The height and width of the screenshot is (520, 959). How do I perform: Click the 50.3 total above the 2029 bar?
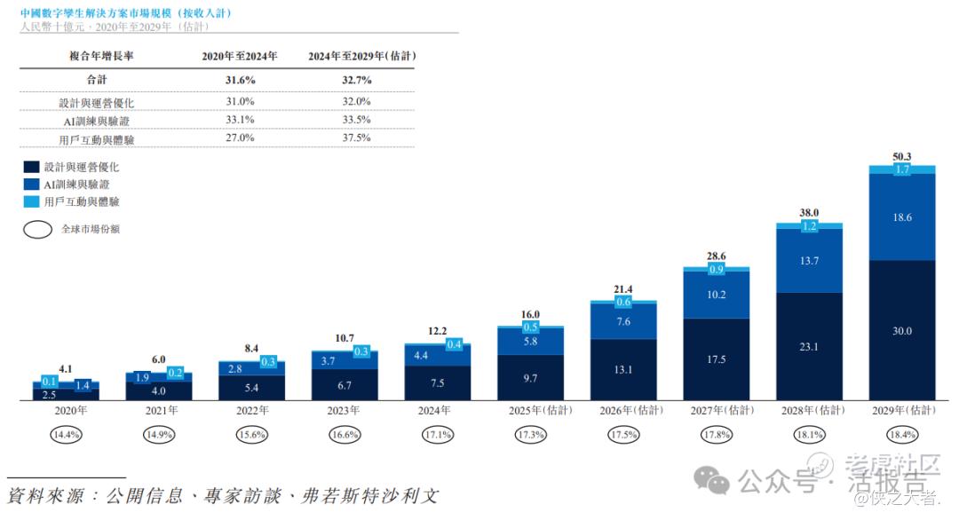click(902, 157)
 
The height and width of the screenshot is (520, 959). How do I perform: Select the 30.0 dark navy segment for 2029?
click(902, 331)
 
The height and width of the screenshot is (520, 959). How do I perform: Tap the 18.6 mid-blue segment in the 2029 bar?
click(902, 217)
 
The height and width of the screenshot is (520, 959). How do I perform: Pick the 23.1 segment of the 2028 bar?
click(810, 347)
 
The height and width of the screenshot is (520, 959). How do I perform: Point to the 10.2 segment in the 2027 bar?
click(717, 295)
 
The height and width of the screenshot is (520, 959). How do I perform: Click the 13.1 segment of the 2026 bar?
click(623, 370)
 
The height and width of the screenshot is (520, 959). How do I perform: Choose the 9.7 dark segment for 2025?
click(530, 378)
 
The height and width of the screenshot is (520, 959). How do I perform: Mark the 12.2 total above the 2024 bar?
click(437, 331)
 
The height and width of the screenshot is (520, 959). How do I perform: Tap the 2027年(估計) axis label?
click(717, 411)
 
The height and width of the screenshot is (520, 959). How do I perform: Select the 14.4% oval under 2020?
click(67, 436)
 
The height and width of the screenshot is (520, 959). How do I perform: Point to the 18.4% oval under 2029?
click(902, 436)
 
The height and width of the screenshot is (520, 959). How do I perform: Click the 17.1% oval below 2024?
click(437, 436)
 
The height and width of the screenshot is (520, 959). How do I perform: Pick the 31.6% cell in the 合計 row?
click(240, 80)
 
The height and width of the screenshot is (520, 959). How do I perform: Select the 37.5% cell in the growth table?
click(357, 138)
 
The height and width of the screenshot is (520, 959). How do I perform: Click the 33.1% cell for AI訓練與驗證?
click(240, 120)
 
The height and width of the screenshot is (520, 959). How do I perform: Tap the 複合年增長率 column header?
click(101, 56)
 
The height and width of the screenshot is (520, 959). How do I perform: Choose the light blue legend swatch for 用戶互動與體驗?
click(32, 202)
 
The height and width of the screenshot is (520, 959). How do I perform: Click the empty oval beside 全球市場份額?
click(37, 229)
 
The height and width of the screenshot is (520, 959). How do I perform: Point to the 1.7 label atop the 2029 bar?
click(902, 169)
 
